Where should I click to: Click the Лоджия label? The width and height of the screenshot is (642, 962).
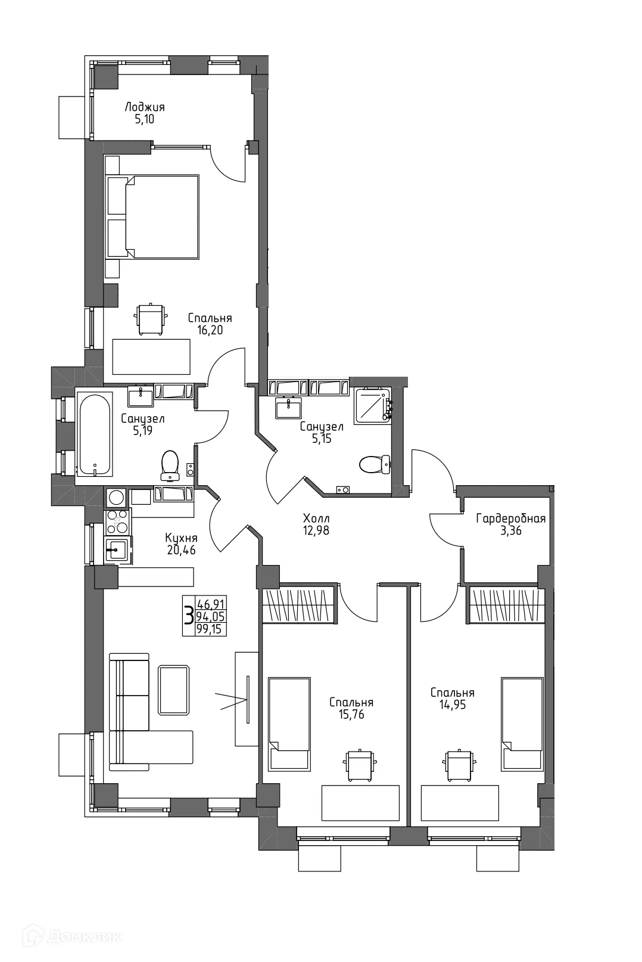tap(144, 107)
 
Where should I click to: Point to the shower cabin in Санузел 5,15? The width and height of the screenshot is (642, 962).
tap(372, 406)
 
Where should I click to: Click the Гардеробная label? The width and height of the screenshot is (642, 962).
tap(510, 519)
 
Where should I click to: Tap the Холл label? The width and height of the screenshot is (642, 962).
tap(316, 518)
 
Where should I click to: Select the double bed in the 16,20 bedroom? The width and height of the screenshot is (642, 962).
tap(152, 216)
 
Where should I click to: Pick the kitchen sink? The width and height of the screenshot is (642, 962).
tap(117, 549)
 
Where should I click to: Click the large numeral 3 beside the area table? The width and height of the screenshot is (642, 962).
tap(188, 615)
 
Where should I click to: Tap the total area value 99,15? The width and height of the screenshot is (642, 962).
tap(211, 629)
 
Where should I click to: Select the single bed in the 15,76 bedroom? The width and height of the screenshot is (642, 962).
tap(289, 724)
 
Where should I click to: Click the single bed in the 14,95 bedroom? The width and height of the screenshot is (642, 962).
tap(522, 724)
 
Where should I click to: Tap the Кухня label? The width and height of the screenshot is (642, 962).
tap(181, 538)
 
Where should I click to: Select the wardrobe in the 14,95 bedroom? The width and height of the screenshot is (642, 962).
tap(506, 605)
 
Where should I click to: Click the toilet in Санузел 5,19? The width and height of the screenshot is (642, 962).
tap(170, 465)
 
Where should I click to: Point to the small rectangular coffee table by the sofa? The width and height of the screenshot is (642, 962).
tap(174, 690)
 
